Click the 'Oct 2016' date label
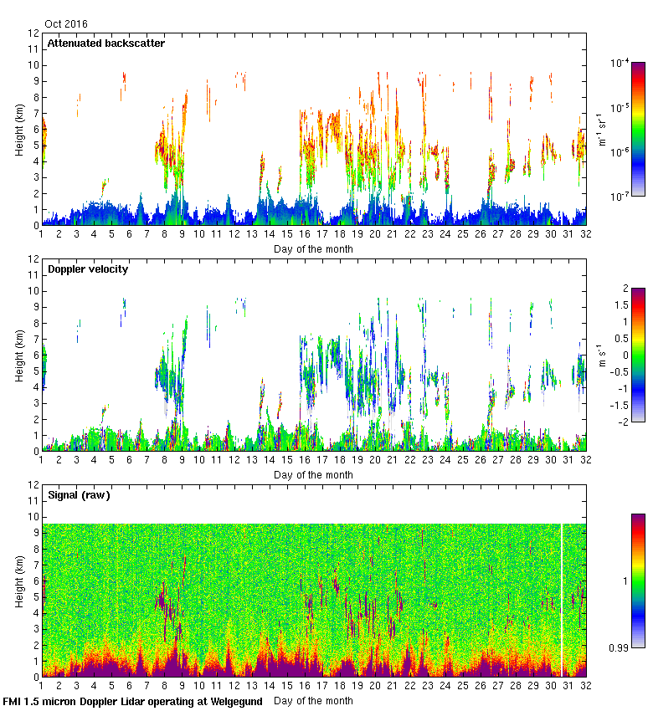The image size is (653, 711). (66, 24)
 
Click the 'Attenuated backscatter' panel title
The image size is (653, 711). (105, 43)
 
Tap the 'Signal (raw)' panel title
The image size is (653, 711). (79, 495)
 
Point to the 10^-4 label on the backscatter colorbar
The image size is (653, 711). (620, 63)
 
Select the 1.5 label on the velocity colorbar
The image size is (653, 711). (623, 304)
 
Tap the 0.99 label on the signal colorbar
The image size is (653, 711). (620, 647)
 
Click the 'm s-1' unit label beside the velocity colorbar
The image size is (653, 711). (601, 355)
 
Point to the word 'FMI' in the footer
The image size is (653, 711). (13, 701)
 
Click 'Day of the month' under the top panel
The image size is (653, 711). (313, 248)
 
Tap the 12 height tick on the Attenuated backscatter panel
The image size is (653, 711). (33, 33)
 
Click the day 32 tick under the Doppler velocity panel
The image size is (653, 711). (586, 460)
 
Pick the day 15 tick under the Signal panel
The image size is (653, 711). (287, 686)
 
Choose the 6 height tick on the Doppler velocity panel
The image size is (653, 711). (36, 355)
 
